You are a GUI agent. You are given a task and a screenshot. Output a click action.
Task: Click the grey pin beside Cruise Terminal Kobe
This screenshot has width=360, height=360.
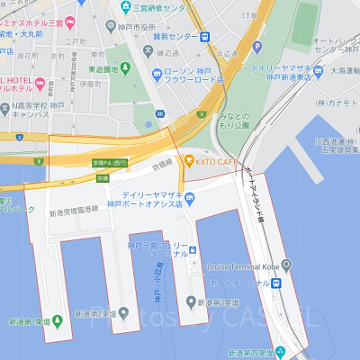tap(286, 265)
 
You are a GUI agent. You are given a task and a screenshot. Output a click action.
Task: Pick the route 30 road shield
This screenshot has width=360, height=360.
tap(159, 114)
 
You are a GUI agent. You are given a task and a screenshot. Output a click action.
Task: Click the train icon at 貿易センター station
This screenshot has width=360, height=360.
tap(206, 37)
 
